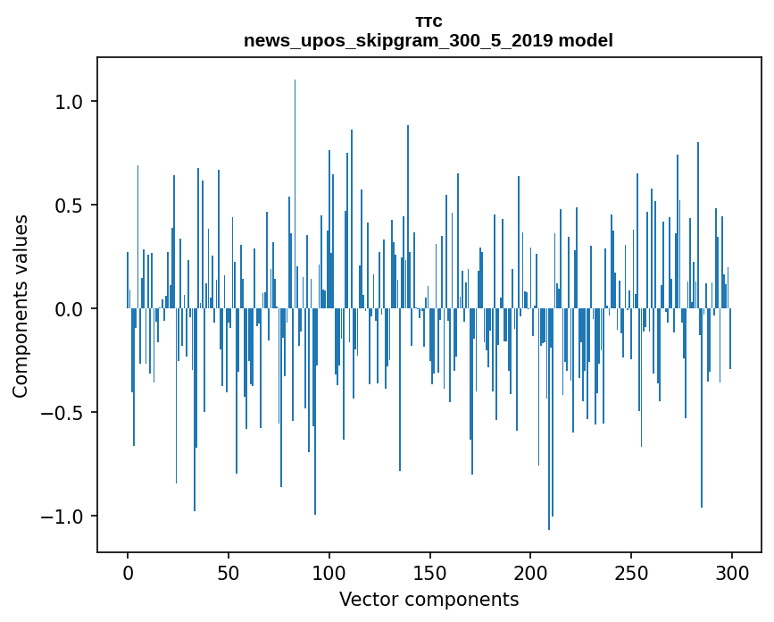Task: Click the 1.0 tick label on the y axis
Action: coord(70,102)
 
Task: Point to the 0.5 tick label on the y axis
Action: coord(70,206)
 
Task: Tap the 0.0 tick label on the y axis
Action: coord(70,309)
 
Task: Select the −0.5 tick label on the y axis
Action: coord(62,413)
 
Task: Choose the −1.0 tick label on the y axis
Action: coord(62,517)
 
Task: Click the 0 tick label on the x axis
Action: coord(128,574)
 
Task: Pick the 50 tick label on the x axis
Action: coord(228,574)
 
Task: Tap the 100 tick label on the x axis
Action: coord(329,574)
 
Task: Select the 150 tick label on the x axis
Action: coord(429,574)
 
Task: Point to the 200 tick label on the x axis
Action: coord(530,574)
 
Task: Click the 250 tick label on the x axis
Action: coord(631,574)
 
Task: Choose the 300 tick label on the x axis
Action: coord(731,574)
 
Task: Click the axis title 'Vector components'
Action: coord(429,600)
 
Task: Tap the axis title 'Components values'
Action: coord(21,307)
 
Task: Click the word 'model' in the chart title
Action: coord(586,40)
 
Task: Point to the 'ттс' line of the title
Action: coord(429,22)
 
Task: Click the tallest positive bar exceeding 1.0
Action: coord(295,194)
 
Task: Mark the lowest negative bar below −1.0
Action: coord(549,419)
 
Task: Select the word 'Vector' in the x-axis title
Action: coord(369,600)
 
